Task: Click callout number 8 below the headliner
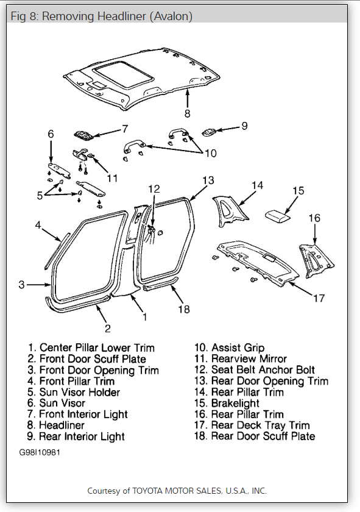click(187, 113)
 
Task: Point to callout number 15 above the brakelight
click(297, 191)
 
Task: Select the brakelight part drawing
click(280, 215)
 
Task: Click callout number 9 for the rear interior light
click(244, 126)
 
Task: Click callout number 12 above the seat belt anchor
click(154, 189)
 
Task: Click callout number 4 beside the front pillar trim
click(38, 226)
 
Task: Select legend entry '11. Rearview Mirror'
click(241, 359)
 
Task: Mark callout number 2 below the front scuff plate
click(107, 329)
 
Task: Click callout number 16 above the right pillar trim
click(314, 218)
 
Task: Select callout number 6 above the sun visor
click(51, 133)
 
